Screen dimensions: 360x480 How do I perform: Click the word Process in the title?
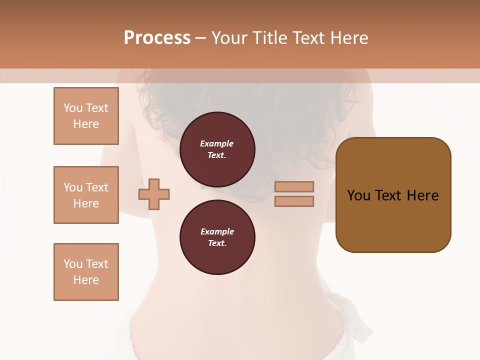pos(157,38)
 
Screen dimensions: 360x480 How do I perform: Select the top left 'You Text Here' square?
pos(86,116)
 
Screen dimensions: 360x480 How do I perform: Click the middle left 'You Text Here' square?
pos(86,195)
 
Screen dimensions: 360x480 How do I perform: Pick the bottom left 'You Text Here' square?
pos(86,272)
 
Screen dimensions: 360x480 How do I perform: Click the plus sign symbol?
pos(154,194)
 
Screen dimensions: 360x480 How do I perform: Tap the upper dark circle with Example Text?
pos(217,149)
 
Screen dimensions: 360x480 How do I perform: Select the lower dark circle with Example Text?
pos(217,237)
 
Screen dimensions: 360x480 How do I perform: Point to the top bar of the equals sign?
pos(294,186)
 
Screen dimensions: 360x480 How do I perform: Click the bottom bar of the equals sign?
pos(294,201)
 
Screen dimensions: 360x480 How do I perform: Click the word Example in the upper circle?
pos(217,143)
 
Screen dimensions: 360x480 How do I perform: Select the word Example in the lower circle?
pos(217,231)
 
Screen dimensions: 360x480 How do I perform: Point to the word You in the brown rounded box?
pos(358,195)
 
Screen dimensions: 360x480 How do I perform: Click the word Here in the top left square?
pos(86,124)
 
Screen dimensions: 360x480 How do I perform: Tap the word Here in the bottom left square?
pos(86,280)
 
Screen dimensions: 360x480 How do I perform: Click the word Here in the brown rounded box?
pos(423,195)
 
